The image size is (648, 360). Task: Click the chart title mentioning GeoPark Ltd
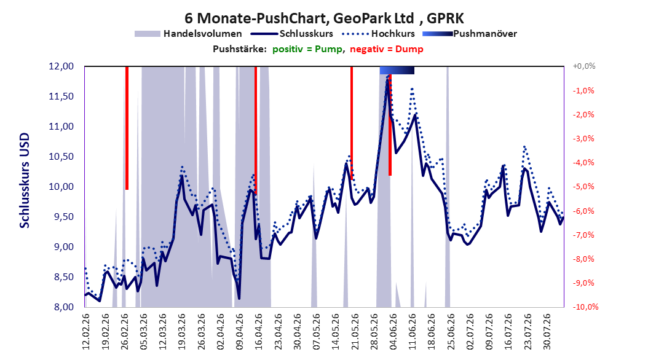point(324,18)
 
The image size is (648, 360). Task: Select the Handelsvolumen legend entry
point(189,34)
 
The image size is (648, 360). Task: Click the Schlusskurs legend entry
point(292,34)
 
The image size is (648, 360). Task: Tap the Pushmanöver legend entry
point(470,34)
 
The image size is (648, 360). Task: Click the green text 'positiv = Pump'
point(307,49)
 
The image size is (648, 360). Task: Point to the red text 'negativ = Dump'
point(387,49)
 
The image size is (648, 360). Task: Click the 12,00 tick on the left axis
point(61,66)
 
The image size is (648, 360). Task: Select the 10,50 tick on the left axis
point(61,157)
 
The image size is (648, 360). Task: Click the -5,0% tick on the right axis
point(583,187)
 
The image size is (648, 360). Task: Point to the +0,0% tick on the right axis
point(584,66)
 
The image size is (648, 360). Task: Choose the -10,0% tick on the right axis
point(585,307)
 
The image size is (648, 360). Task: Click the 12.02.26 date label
point(86,332)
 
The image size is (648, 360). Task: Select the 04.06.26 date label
point(393,332)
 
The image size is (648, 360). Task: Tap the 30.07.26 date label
point(547,332)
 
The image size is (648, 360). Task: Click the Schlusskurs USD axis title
point(25,181)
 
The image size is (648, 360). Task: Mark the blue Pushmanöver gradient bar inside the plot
point(397,70)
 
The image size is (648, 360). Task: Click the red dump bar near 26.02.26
point(127,128)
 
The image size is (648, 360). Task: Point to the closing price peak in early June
point(388,79)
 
